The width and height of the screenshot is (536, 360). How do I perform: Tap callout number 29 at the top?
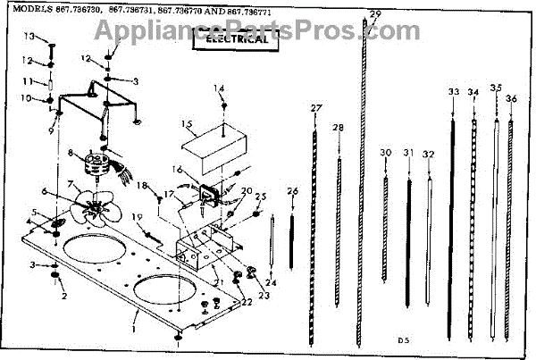[x=375, y=13]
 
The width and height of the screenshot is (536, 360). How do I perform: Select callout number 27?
[x=314, y=108]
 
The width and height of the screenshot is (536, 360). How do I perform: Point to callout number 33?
[x=454, y=92]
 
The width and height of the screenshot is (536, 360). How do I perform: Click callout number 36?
[x=511, y=97]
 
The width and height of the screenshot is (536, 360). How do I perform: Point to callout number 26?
[x=292, y=191]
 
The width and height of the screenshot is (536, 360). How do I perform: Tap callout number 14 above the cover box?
[x=220, y=88]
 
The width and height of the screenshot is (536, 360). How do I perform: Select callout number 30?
[x=385, y=154]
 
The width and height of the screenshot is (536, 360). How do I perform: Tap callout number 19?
[x=136, y=218]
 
